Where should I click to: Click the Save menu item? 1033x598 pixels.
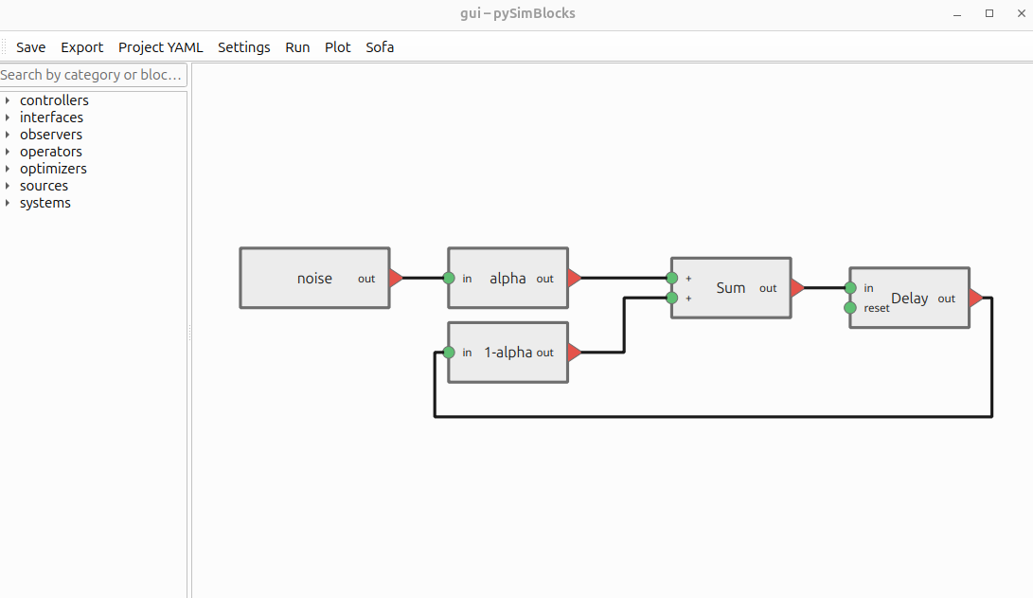point(30,47)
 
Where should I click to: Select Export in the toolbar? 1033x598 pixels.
point(82,47)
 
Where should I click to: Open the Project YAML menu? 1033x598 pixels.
point(160,47)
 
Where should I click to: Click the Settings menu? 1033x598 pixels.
point(243,47)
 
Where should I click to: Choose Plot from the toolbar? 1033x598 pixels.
point(338,47)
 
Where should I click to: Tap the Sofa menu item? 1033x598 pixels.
point(380,47)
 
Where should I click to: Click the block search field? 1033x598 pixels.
point(93,75)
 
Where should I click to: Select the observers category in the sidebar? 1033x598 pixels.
point(51,135)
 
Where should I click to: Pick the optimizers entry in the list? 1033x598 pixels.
point(53,169)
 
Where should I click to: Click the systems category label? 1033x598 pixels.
point(45,203)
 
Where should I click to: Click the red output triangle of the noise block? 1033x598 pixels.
point(396,279)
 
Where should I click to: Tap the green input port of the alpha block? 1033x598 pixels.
point(449,279)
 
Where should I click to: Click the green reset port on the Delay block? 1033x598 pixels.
point(850,308)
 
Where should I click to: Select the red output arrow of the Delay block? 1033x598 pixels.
point(975,299)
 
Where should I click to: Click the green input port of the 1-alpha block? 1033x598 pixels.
point(449,353)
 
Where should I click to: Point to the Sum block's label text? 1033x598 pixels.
point(730,288)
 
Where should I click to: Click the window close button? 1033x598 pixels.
point(1017,13)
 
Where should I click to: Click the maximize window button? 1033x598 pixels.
point(989,13)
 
